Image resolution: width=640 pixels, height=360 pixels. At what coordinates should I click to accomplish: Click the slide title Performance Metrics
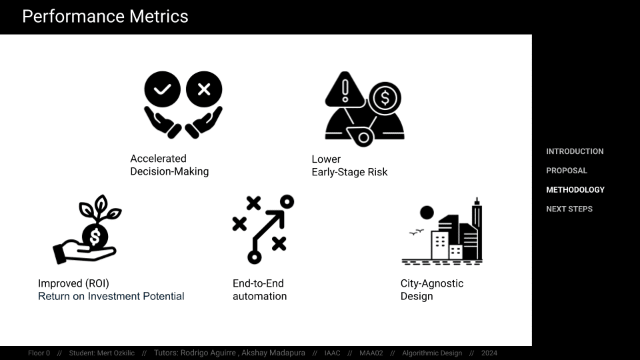(x=105, y=17)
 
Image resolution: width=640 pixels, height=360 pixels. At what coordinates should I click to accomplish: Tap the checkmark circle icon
(x=163, y=89)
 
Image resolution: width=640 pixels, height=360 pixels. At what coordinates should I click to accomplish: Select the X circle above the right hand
(x=204, y=89)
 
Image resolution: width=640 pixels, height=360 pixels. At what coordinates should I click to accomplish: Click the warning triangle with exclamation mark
(x=345, y=89)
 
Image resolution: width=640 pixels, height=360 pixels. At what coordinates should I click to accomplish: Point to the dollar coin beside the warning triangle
(x=385, y=99)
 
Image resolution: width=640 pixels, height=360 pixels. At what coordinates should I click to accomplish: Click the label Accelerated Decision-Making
(x=169, y=165)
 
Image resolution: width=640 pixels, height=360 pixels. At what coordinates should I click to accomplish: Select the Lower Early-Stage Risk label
(x=349, y=166)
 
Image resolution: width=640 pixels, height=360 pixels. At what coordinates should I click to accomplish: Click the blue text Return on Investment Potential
(x=111, y=296)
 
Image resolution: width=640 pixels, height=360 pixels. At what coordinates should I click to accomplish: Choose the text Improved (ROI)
(x=73, y=283)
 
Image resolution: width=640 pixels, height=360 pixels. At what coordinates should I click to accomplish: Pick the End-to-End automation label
(x=259, y=290)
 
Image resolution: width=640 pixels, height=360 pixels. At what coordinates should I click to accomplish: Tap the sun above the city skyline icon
(x=427, y=213)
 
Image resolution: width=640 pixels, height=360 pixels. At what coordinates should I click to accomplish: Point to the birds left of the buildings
(x=416, y=232)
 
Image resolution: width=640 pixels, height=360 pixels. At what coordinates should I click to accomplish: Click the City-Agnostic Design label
(x=432, y=290)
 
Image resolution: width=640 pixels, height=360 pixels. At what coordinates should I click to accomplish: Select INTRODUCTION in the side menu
(x=575, y=151)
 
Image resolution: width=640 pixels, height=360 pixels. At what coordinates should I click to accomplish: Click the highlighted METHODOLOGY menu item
(x=575, y=190)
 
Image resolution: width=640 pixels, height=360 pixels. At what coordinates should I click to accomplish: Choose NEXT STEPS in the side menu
(x=569, y=209)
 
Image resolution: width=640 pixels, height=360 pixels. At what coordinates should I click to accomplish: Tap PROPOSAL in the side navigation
(x=567, y=171)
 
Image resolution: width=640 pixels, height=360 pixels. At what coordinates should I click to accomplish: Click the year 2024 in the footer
(x=489, y=353)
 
